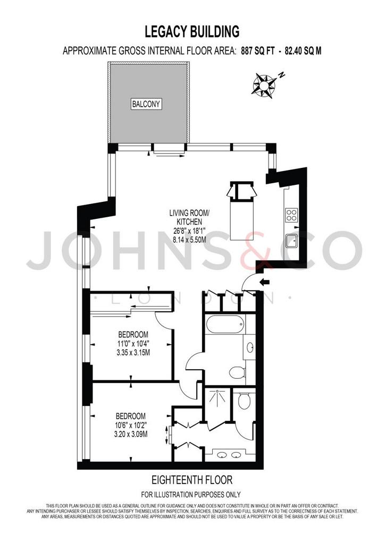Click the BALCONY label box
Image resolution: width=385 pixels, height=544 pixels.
tap(146, 104)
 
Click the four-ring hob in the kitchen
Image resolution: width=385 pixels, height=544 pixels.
tap(291, 215)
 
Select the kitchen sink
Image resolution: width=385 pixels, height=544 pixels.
tap(291, 241)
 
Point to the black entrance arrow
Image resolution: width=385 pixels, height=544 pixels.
tap(264, 283)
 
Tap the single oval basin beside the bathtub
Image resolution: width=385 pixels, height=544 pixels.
tap(250, 347)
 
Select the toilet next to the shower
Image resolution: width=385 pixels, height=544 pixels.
tap(245, 401)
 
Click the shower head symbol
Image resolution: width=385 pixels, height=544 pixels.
tap(217, 395)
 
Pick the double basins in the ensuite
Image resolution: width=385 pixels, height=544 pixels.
tap(229, 455)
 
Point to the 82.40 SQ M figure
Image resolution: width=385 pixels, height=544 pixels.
tap(303, 51)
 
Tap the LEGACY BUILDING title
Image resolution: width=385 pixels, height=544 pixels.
tap(192, 31)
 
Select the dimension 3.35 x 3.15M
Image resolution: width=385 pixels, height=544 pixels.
tap(133, 353)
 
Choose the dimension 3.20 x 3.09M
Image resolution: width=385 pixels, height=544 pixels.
tap(131, 434)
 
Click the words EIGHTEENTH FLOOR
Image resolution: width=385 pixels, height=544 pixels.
tap(192, 480)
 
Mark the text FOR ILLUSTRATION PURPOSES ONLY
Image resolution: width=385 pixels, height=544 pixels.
tap(190, 495)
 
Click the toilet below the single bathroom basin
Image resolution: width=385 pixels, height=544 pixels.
tap(237, 373)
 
